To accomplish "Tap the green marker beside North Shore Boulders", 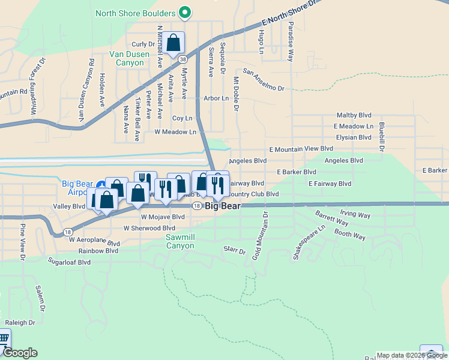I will tap(185, 13).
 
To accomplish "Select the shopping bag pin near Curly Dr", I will tap(173, 44).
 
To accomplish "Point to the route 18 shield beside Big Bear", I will tap(196, 206).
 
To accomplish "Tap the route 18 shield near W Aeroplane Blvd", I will tap(68, 232).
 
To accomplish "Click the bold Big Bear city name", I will tap(223, 206).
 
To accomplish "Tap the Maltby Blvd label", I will tap(354, 115).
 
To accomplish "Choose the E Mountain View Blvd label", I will tap(301, 149).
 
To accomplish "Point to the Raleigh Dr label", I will tap(20, 322).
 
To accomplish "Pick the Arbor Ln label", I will tap(216, 98).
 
